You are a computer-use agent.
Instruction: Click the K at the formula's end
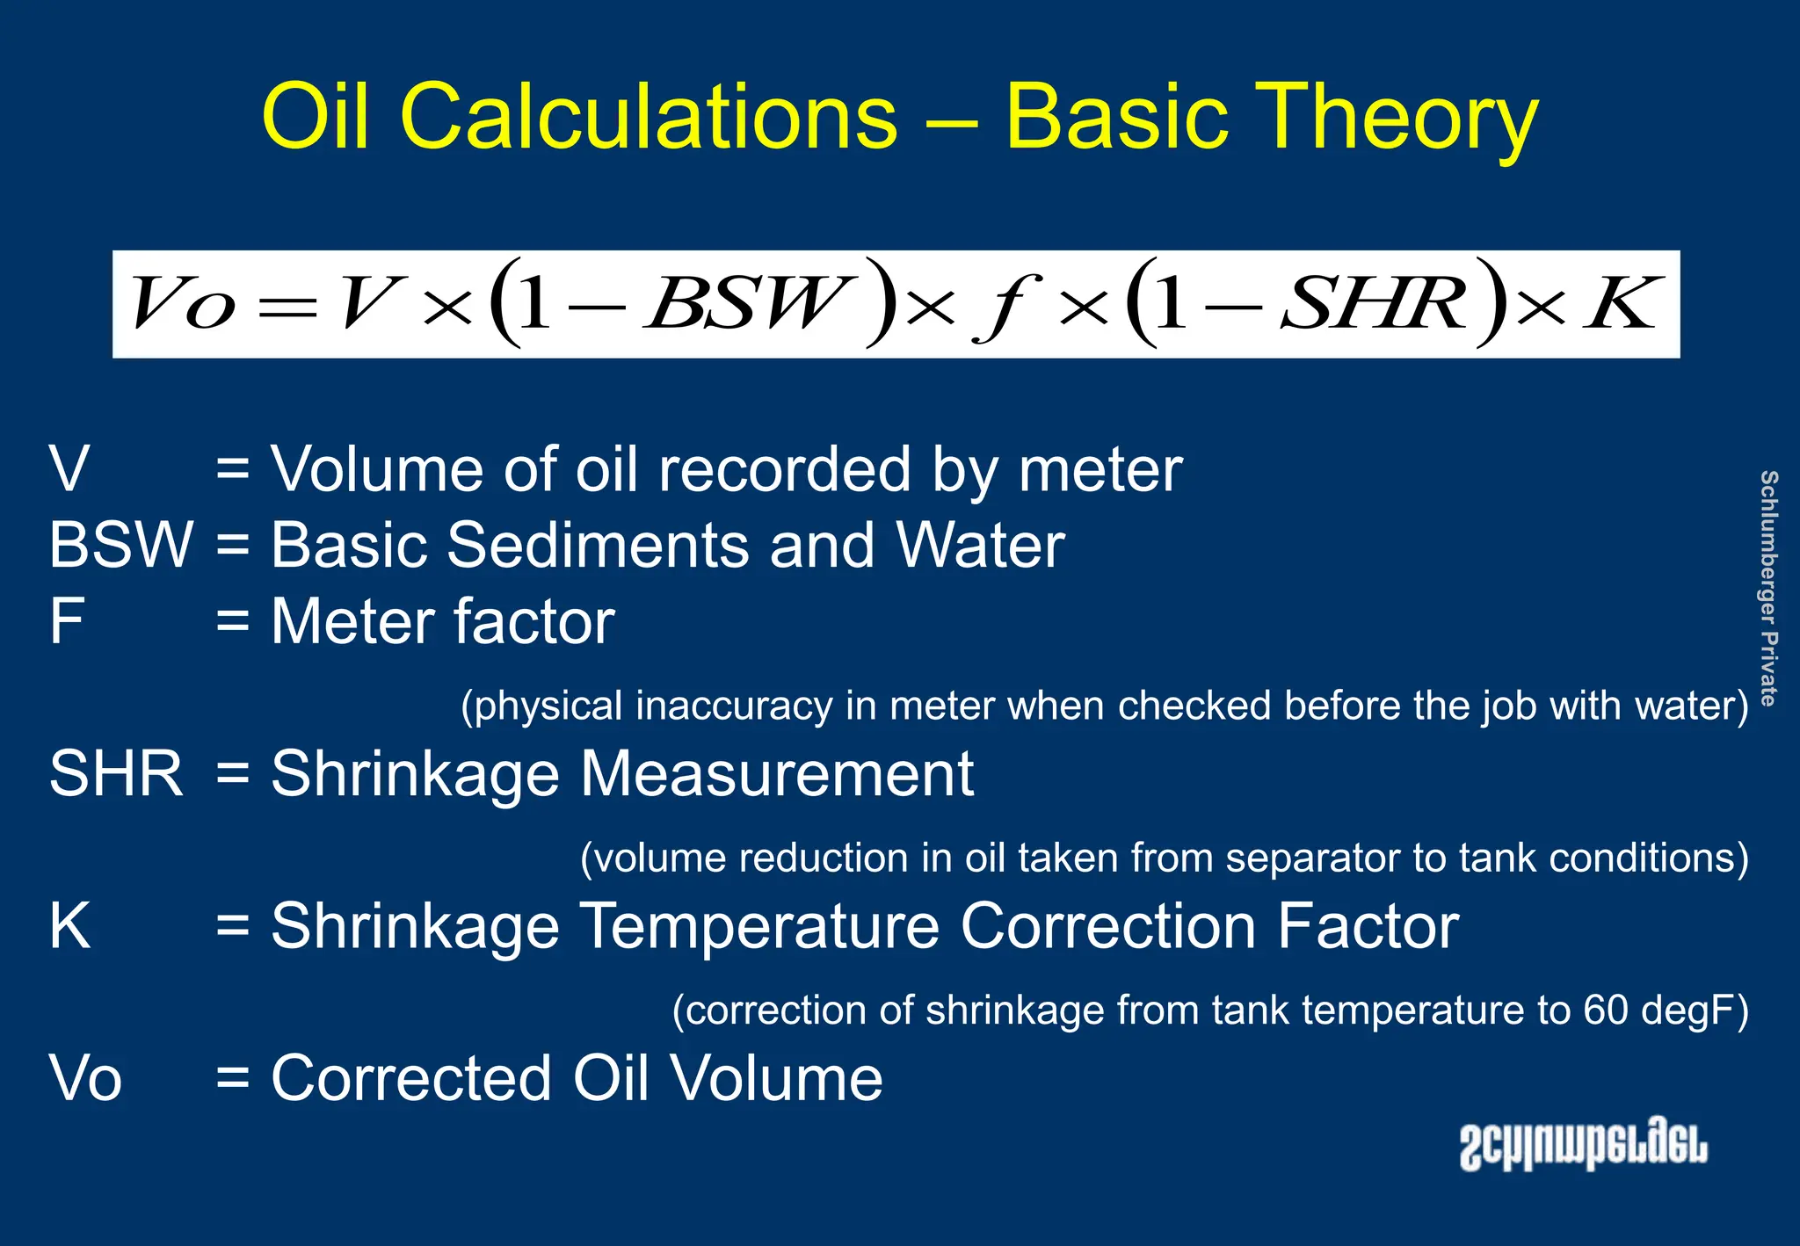pos(1622,304)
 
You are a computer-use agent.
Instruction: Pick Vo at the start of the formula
pos(185,304)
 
